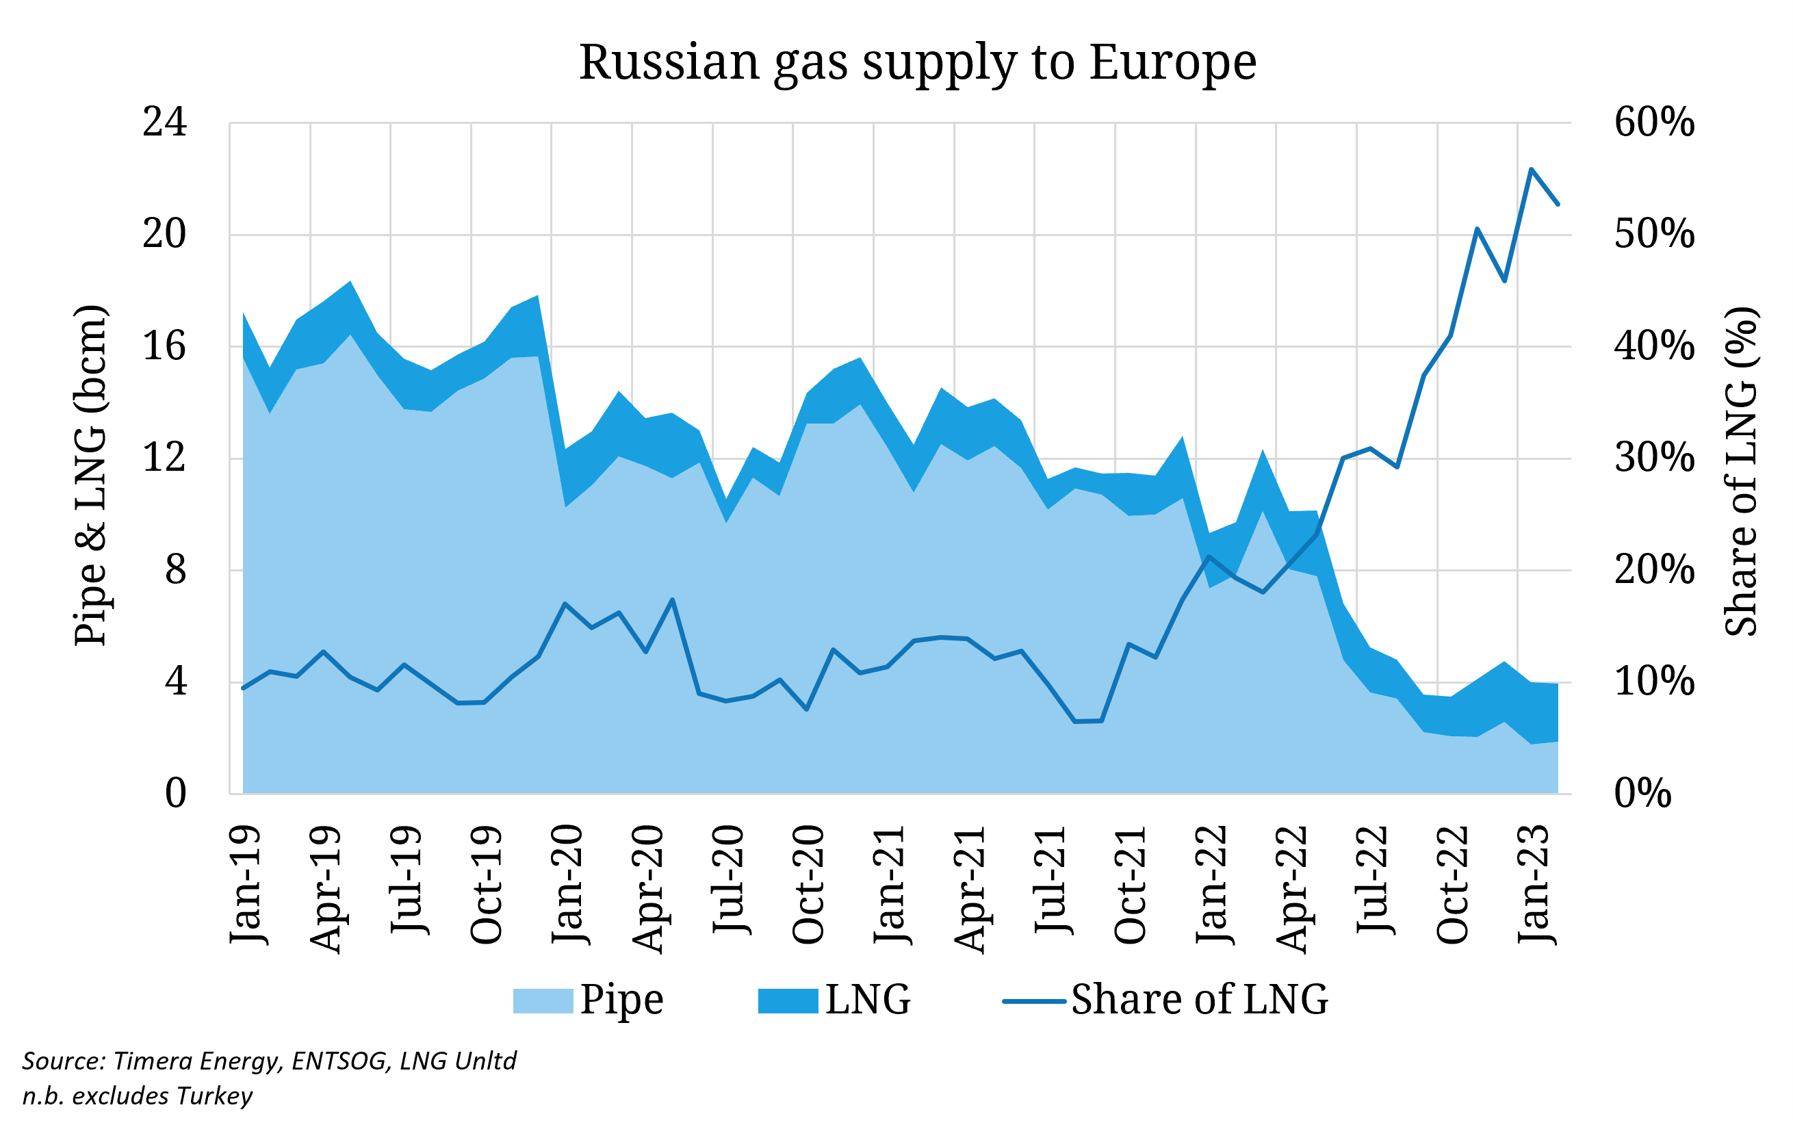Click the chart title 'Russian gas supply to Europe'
click(917, 62)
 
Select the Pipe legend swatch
click(543, 1000)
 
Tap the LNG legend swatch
click(788, 1000)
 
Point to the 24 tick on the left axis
click(164, 122)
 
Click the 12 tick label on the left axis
click(164, 458)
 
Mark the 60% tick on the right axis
click(1654, 122)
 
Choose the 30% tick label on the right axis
click(1654, 458)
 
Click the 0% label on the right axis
click(1642, 794)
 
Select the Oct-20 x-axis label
click(809, 884)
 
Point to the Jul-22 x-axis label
click(1372, 880)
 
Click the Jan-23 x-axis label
click(1534, 884)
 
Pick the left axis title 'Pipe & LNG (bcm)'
click(92, 475)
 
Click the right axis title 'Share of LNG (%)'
click(1741, 471)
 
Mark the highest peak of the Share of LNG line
click(1531, 169)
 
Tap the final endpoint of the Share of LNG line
click(1558, 204)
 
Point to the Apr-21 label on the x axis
click(970, 889)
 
